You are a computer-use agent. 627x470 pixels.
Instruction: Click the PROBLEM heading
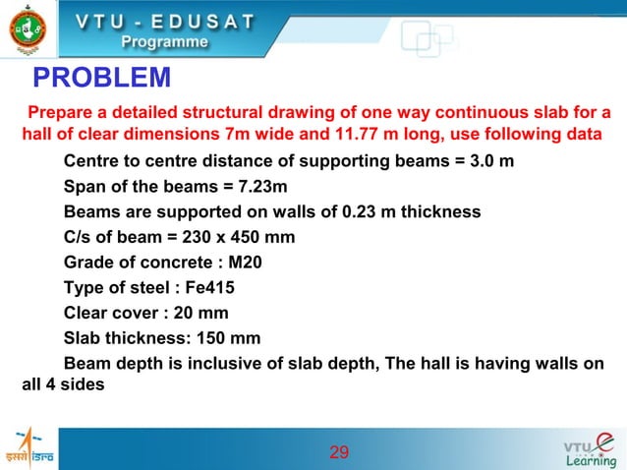coord(102,77)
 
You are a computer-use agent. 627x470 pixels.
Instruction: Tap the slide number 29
coord(339,452)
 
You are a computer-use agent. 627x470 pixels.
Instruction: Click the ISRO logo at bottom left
coord(28,451)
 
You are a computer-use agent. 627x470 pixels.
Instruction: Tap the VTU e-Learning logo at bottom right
coord(590,451)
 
